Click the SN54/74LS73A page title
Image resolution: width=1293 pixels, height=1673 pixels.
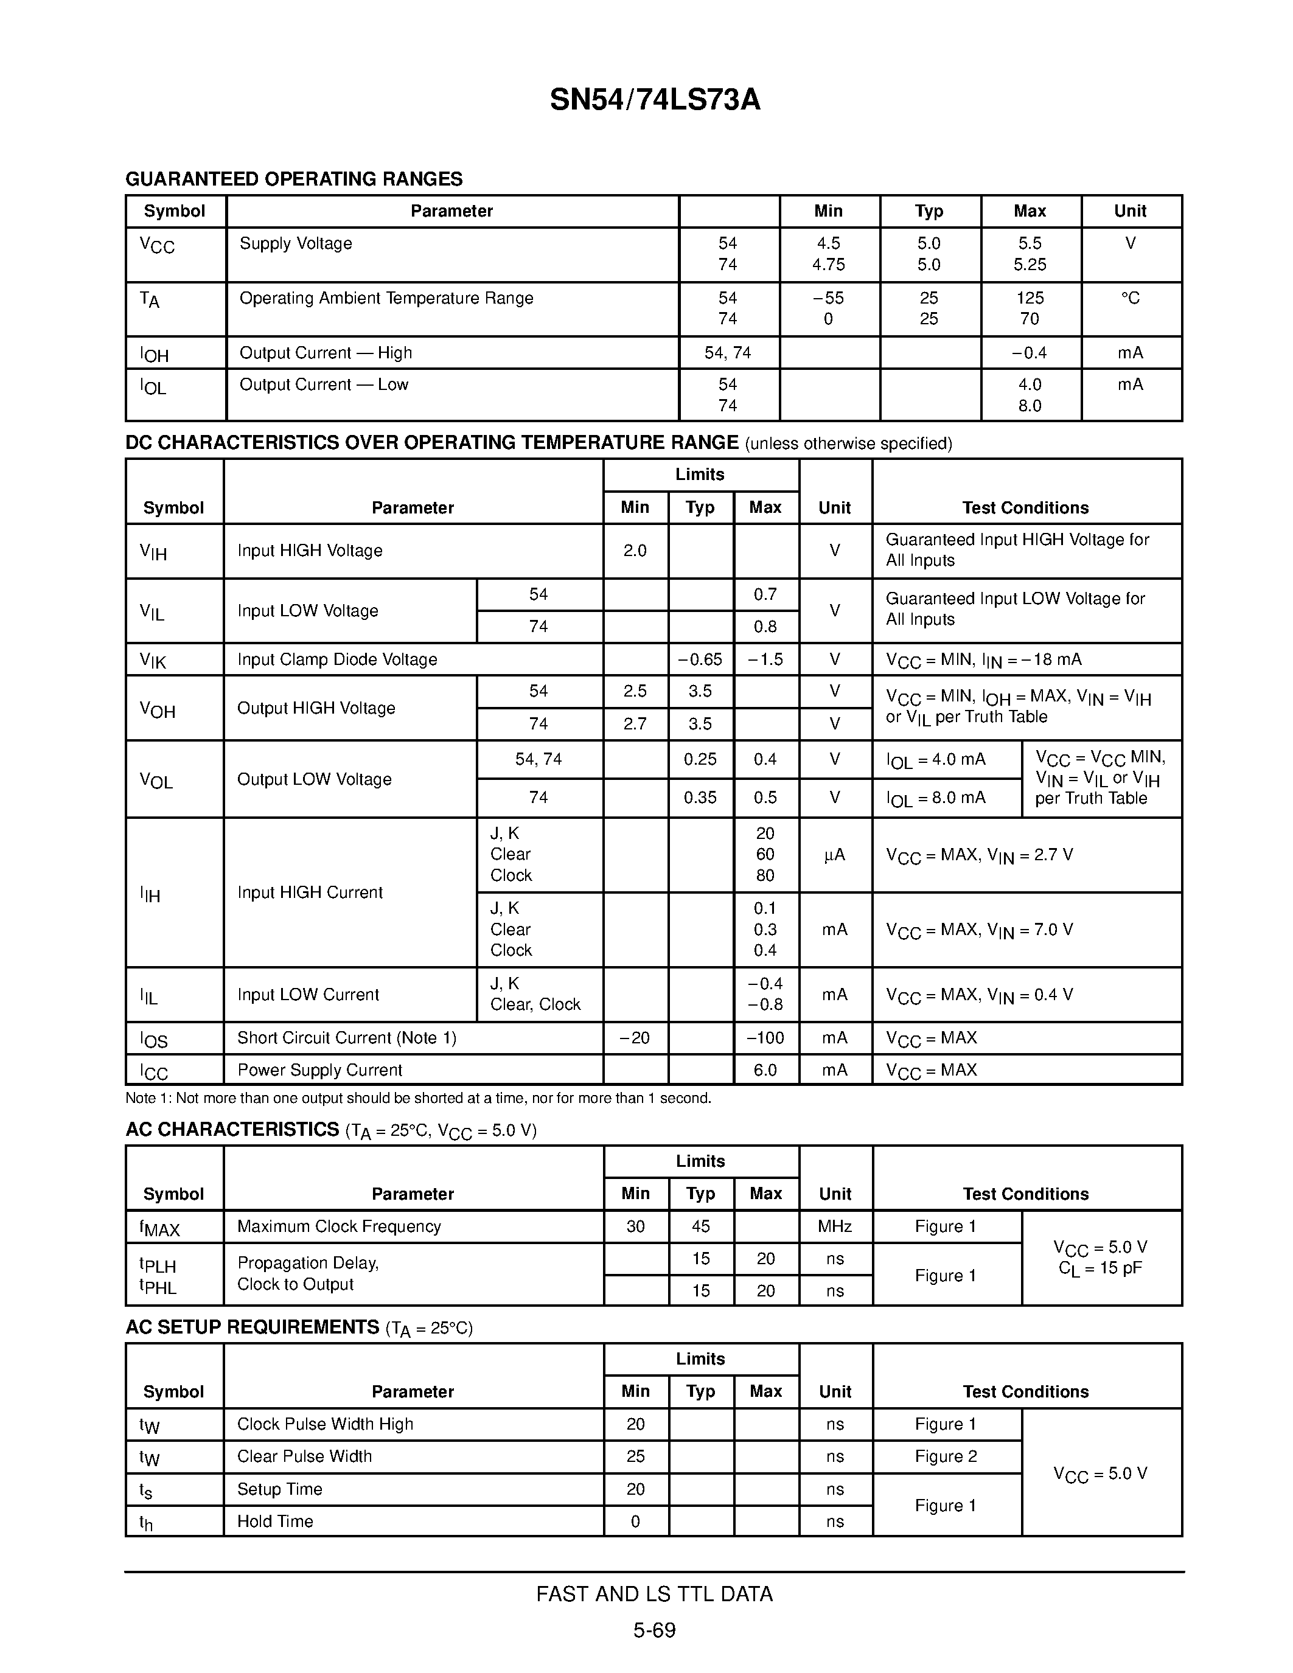click(655, 100)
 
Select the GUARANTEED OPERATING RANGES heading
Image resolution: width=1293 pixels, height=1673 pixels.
click(294, 179)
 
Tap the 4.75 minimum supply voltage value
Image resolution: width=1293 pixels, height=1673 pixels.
click(828, 264)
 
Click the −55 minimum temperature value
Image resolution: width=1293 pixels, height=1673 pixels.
click(828, 298)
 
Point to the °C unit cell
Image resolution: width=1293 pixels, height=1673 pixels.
click(1130, 298)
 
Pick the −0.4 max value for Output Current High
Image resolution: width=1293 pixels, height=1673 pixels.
click(1029, 353)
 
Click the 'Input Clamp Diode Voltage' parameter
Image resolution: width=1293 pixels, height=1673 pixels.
click(337, 659)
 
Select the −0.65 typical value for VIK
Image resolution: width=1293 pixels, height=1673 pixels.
click(700, 659)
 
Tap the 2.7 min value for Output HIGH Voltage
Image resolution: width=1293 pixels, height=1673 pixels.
click(635, 724)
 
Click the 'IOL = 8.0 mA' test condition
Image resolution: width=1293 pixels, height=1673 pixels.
click(936, 798)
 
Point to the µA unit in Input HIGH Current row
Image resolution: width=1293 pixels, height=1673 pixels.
click(834, 855)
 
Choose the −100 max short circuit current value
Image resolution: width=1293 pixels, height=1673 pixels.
click(765, 1038)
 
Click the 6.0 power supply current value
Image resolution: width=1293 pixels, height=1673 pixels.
click(765, 1070)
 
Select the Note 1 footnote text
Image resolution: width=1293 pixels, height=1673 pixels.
click(418, 1099)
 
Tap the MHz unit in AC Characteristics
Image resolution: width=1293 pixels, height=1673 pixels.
click(834, 1226)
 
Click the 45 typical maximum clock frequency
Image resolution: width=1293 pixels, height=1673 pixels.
click(700, 1226)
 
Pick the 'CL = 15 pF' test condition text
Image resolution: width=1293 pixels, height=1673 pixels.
click(1100, 1268)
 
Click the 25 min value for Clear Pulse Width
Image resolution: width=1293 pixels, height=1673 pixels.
click(635, 1456)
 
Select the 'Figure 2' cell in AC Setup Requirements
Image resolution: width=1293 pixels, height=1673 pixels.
click(946, 1456)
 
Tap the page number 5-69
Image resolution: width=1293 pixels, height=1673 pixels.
click(654, 1630)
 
